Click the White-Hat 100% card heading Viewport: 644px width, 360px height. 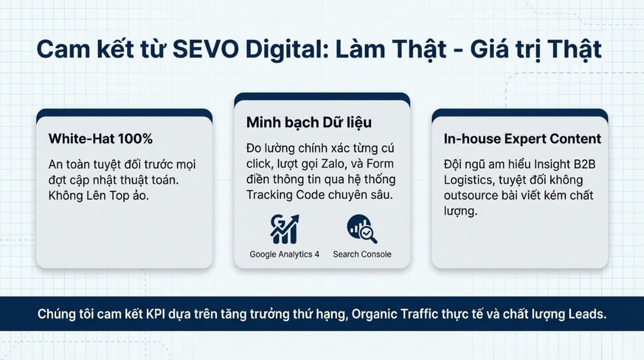click(x=101, y=138)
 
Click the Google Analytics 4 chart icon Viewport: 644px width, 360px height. click(x=284, y=229)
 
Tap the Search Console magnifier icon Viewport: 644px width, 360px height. click(x=362, y=229)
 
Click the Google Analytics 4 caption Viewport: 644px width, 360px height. click(x=284, y=254)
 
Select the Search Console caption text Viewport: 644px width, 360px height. click(x=362, y=254)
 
